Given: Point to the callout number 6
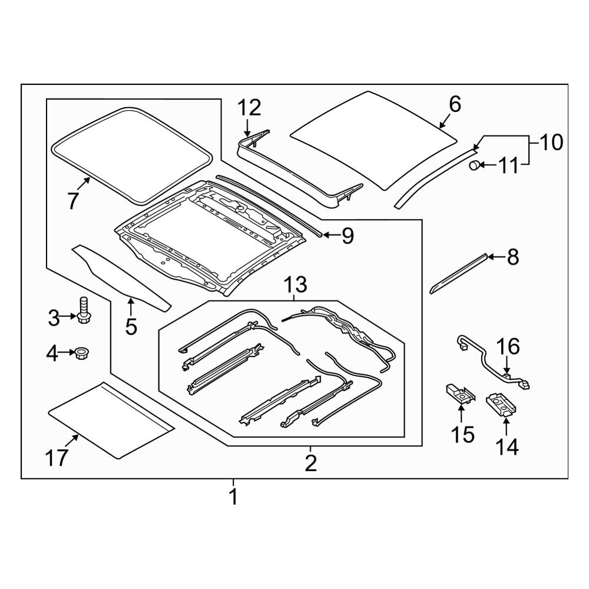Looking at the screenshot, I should pyautogui.click(x=455, y=105).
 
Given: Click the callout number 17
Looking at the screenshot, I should pyautogui.click(x=58, y=458).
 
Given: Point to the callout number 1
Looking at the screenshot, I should pyautogui.click(x=233, y=498).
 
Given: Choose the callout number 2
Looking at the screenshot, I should pyautogui.click(x=310, y=464).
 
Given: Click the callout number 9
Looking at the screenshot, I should pyautogui.click(x=347, y=236).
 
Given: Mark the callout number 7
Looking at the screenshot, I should pyautogui.click(x=72, y=201).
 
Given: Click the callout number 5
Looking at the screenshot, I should pyautogui.click(x=130, y=325).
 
